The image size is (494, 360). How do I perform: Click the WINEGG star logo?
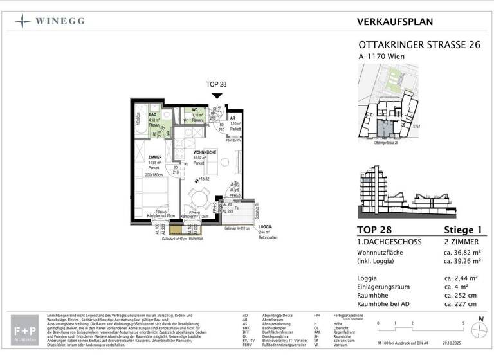(x=23, y=22)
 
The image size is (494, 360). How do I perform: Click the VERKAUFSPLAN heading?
(x=394, y=22)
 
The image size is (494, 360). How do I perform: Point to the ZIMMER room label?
(x=155, y=156)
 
